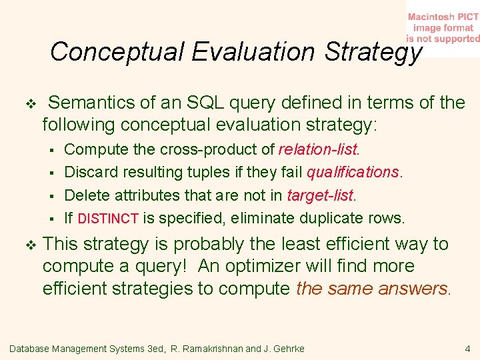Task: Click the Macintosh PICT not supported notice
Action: [x=443, y=28]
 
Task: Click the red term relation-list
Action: [x=318, y=149]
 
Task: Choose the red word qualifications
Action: [x=353, y=172]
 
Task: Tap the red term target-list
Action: [x=321, y=195]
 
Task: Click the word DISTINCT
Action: [x=108, y=219]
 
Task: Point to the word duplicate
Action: [x=334, y=218]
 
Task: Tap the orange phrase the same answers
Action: [x=371, y=289]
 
